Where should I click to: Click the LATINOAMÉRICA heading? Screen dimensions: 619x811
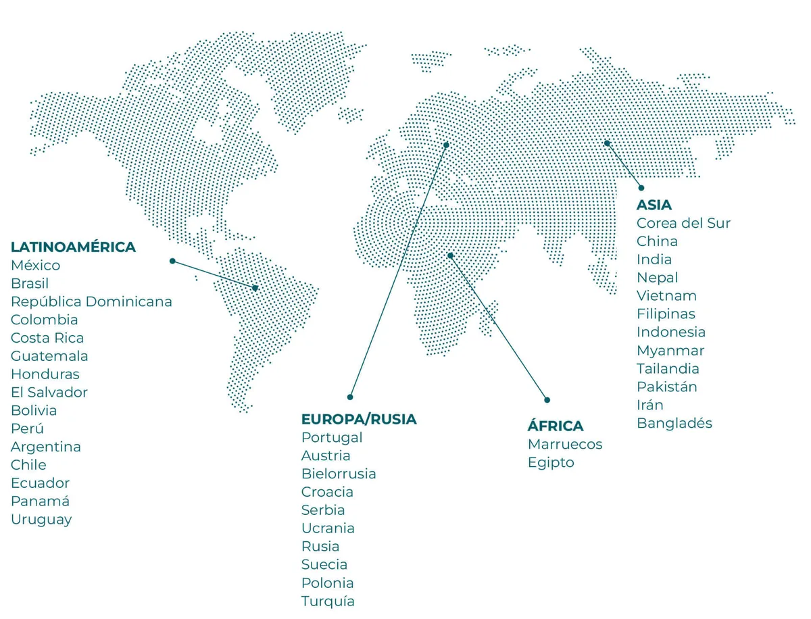click(73, 247)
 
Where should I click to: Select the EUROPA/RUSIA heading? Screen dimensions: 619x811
click(359, 420)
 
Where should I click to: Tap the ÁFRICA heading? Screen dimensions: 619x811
click(555, 426)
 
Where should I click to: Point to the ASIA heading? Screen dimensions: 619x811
click(654, 205)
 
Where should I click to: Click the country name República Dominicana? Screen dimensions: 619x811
click(91, 301)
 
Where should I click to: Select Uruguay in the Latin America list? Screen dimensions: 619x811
click(41, 520)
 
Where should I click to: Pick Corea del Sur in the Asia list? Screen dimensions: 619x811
click(683, 223)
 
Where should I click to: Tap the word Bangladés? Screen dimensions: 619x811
click(674, 424)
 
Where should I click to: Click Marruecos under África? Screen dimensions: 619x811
click(564, 445)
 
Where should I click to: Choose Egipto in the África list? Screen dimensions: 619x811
click(550, 463)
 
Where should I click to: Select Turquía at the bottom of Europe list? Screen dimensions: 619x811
click(328, 601)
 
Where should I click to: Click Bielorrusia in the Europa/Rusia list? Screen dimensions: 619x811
click(339, 474)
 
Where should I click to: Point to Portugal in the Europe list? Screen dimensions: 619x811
click(332, 438)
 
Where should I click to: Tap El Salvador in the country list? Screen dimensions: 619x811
click(49, 393)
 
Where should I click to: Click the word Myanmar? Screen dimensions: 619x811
click(670, 351)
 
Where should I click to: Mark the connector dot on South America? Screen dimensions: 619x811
click(255, 288)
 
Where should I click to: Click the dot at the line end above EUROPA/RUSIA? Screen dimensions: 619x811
click(350, 397)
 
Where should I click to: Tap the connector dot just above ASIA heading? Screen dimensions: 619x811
click(641, 188)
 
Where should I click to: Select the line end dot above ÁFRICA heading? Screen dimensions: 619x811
click(547, 400)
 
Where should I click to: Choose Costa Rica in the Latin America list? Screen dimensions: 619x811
click(47, 338)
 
